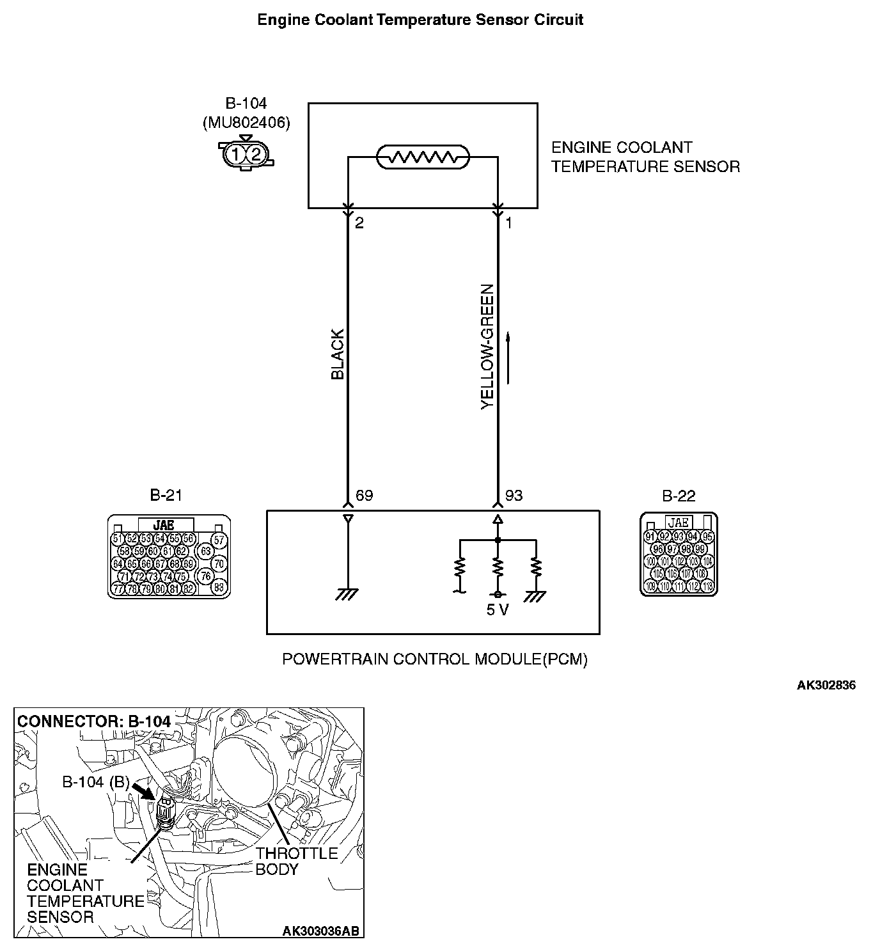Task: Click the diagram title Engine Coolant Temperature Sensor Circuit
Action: point(420,20)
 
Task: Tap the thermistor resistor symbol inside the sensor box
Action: point(423,157)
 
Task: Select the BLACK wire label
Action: point(338,354)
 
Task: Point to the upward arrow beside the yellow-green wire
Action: point(508,358)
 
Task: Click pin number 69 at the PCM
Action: point(364,496)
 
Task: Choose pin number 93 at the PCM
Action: point(514,496)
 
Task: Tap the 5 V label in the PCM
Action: point(498,610)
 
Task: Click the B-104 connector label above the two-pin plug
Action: point(246,104)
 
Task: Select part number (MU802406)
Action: point(246,122)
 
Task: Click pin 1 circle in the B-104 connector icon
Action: point(236,154)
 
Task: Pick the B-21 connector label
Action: point(166,495)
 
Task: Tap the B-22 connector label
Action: point(679,496)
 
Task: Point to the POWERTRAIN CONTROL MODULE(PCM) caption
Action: point(435,659)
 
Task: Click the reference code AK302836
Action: point(826,686)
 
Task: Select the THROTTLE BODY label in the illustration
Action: point(296,861)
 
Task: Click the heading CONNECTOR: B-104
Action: point(94,721)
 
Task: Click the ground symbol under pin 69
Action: point(347,594)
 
